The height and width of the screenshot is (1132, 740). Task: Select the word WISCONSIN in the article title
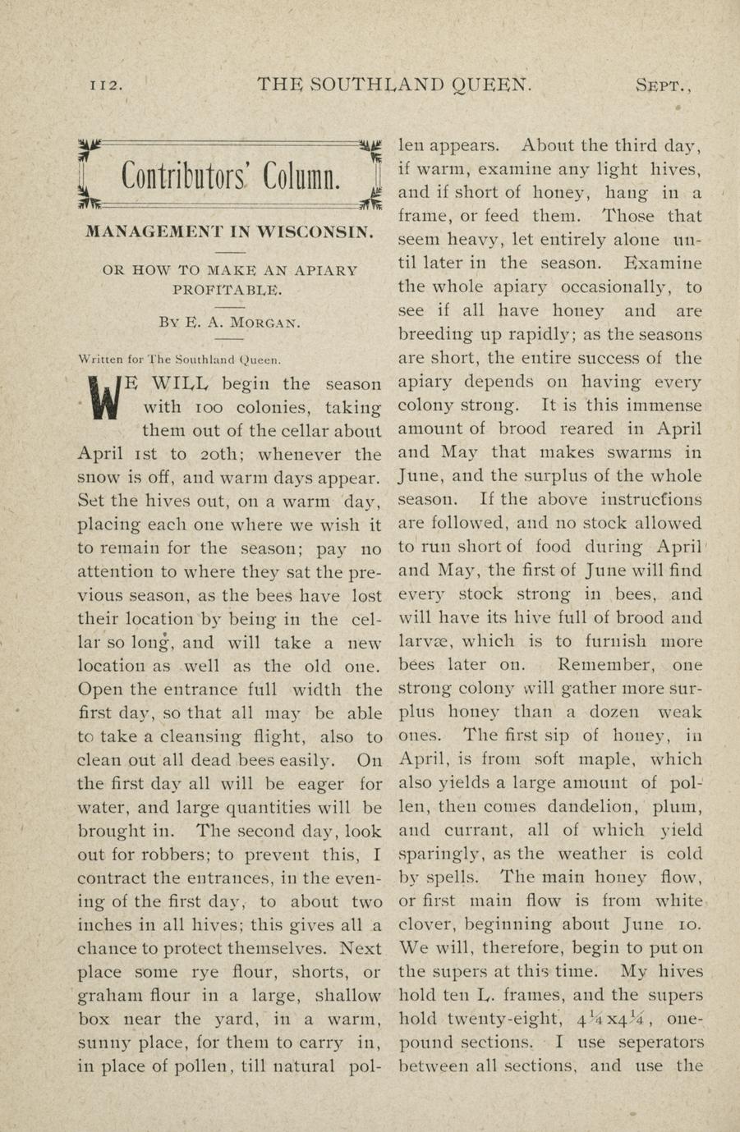click(x=315, y=231)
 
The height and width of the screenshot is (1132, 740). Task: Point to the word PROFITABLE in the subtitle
click(x=227, y=289)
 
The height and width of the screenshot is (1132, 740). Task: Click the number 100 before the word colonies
click(x=174, y=407)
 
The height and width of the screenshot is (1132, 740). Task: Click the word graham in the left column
click(x=109, y=997)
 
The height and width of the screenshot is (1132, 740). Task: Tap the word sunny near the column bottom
click(x=102, y=1044)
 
